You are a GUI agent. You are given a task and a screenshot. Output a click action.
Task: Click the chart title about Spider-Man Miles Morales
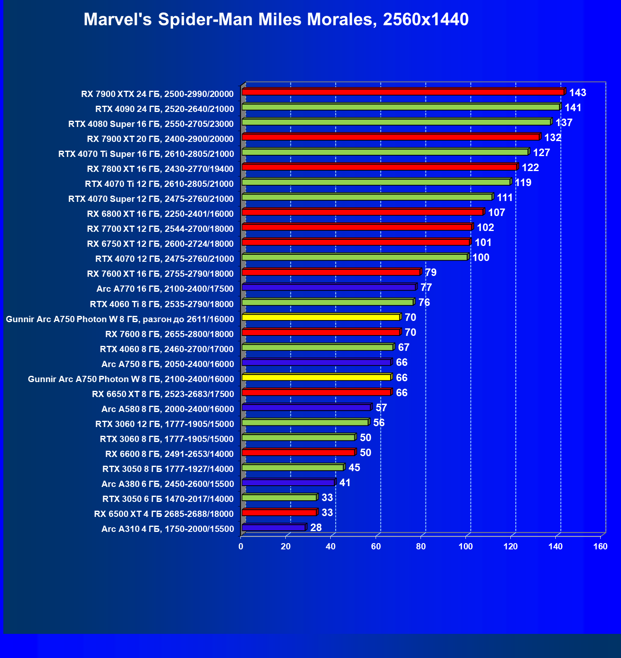(x=276, y=20)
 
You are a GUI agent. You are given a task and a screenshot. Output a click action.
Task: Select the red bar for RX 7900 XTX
(x=403, y=92)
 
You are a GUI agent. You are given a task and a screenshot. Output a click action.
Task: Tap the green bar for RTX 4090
(x=401, y=107)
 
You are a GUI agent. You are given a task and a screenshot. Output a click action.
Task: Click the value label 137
(x=564, y=123)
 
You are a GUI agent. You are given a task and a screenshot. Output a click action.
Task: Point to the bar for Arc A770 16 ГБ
(x=329, y=287)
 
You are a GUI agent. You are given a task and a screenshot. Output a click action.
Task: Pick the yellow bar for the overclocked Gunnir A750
(x=321, y=317)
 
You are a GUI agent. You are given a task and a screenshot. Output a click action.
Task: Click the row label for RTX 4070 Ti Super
(x=146, y=154)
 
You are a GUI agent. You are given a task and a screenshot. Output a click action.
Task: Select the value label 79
(x=430, y=273)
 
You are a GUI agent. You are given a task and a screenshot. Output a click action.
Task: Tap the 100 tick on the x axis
(x=465, y=546)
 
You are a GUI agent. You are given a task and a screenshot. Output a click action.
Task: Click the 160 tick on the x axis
(x=600, y=546)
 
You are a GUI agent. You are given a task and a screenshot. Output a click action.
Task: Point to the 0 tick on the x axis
(x=241, y=546)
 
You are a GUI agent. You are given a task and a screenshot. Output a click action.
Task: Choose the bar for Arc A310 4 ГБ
(x=274, y=528)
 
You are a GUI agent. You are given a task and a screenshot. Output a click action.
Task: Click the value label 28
(x=316, y=528)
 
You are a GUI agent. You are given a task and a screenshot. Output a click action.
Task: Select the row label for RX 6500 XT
(x=163, y=514)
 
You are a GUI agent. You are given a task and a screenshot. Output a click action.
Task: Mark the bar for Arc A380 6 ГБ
(x=288, y=482)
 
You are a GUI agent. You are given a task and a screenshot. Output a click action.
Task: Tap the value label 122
(x=530, y=168)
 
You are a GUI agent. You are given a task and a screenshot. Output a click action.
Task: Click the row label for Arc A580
(x=168, y=409)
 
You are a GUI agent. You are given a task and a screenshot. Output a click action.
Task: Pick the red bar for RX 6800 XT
(x=362, y=212)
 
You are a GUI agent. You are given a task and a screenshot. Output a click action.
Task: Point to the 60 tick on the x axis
(x=376, y=546)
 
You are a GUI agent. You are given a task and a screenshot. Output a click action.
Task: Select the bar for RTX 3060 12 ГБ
(x=305, y=422)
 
